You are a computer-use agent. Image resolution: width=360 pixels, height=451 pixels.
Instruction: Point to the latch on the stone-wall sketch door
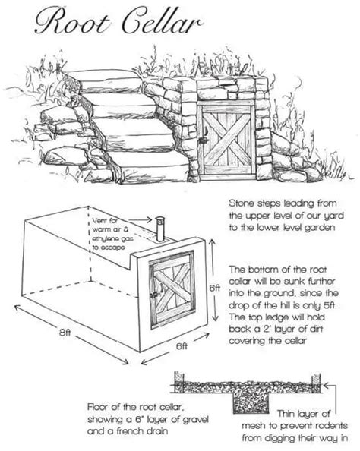203,141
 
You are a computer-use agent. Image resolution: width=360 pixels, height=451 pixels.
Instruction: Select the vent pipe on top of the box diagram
159,227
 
